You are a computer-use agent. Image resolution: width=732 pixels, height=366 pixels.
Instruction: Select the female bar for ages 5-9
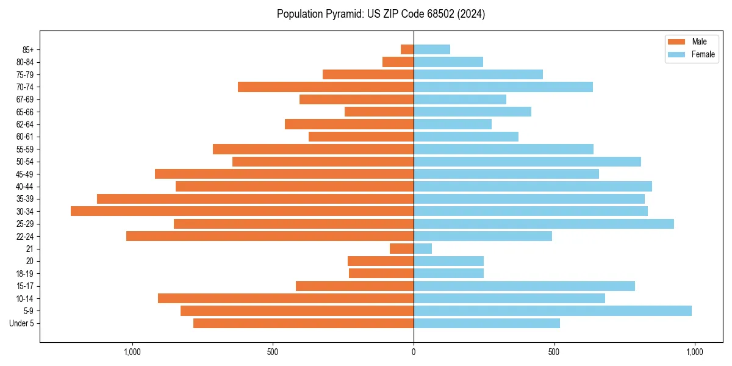pos(553,310)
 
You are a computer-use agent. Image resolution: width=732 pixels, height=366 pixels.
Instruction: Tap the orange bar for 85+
pos(407,49)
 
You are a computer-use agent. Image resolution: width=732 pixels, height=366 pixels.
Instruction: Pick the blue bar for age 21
pos(423,248)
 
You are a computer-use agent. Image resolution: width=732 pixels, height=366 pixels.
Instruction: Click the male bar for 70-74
pos(326,87)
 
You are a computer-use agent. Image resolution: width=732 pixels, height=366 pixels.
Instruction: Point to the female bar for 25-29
pos(544,224)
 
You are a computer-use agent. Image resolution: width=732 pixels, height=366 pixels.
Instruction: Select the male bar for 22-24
pos(270,236)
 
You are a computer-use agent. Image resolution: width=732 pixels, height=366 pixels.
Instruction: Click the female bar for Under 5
pos(487,323)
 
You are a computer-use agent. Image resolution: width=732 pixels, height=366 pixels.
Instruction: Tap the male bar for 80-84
pos(398,62)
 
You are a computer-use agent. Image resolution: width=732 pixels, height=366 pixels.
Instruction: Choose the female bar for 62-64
pos(453,124)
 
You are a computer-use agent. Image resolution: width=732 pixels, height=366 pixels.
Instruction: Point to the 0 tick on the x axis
pos(414,352)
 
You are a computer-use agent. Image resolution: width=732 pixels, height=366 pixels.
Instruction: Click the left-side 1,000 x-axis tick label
pos(132,352)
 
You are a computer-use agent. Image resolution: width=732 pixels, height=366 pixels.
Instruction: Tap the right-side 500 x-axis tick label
pos(554,352)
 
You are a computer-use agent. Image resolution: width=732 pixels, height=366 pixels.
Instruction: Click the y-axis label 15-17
pos(25,286)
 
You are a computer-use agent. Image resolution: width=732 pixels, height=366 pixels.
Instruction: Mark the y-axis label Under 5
pos(21,323)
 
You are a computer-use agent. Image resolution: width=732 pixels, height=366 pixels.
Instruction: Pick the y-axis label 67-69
pos(25,99)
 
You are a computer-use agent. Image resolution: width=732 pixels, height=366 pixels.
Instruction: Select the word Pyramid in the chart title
pos(342,14)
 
